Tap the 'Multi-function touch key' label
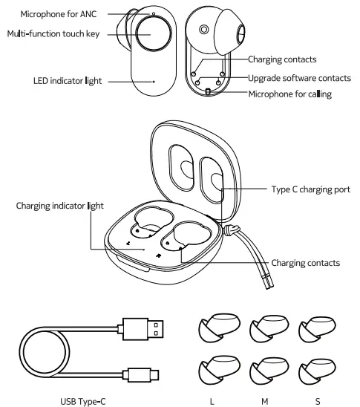[x=50, y=33]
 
